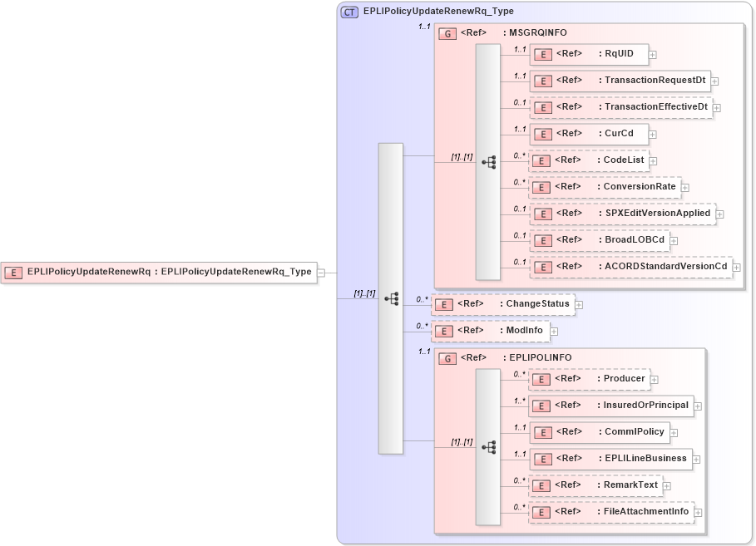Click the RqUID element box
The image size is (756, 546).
(x=589, y=54)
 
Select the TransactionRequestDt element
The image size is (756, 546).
(x=620, y=81)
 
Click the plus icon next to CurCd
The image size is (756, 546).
(x=653, y=134)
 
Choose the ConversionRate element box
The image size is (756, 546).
(x=605, y=187)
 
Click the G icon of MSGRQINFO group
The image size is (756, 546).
(x=447, y=33)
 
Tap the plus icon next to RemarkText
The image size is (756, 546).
(x=667, y=485)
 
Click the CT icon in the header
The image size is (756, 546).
(x=350, y=12)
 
